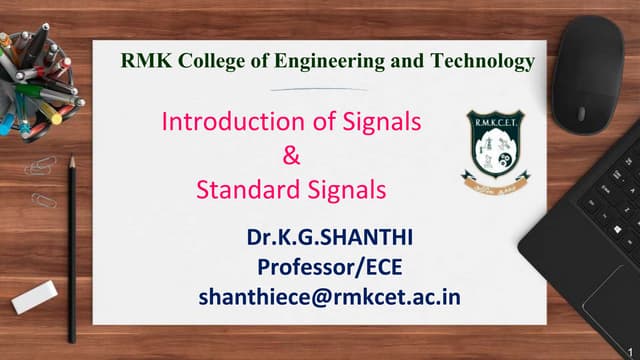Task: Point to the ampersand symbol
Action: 292,155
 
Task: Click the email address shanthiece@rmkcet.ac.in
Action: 330,296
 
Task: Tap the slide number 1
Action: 632,348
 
